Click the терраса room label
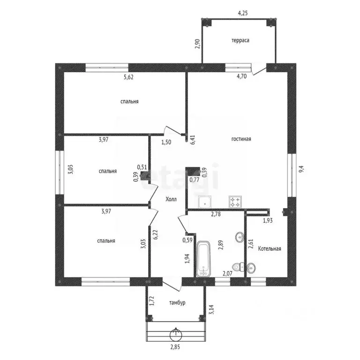pos(240,40)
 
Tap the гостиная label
pos(241,139)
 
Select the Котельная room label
pos(270,248)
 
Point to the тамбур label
pos(177,303)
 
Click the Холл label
pos(171,199)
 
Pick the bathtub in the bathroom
pos(203,258)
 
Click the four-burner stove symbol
pos(235,202)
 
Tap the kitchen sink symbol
pos(204,202)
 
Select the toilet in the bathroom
pos(238,267)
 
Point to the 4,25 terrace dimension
pos(243,13)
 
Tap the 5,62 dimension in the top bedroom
pos(128,77)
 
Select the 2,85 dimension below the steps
pos(175,347)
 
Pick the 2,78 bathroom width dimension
pos(216,214)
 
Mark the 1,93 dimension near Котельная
pos(268,221)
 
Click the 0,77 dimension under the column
pos(195,180)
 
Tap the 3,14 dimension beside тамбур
pos(211,309)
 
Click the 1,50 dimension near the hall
pos(166,142)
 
